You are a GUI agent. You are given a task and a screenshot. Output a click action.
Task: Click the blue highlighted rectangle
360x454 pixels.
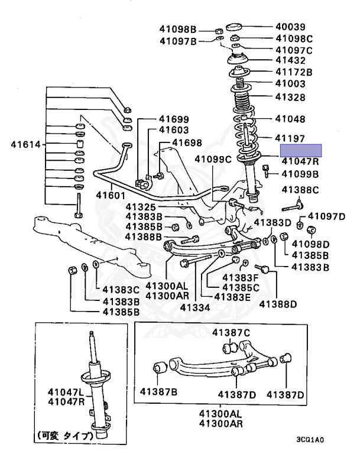tap(301, 150)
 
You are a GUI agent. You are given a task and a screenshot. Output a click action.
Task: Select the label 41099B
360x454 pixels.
tap(300, 174)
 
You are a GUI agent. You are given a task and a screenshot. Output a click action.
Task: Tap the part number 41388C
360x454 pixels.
tap(300, 190)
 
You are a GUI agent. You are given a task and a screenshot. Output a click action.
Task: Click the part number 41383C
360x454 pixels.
tap(121, 290)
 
